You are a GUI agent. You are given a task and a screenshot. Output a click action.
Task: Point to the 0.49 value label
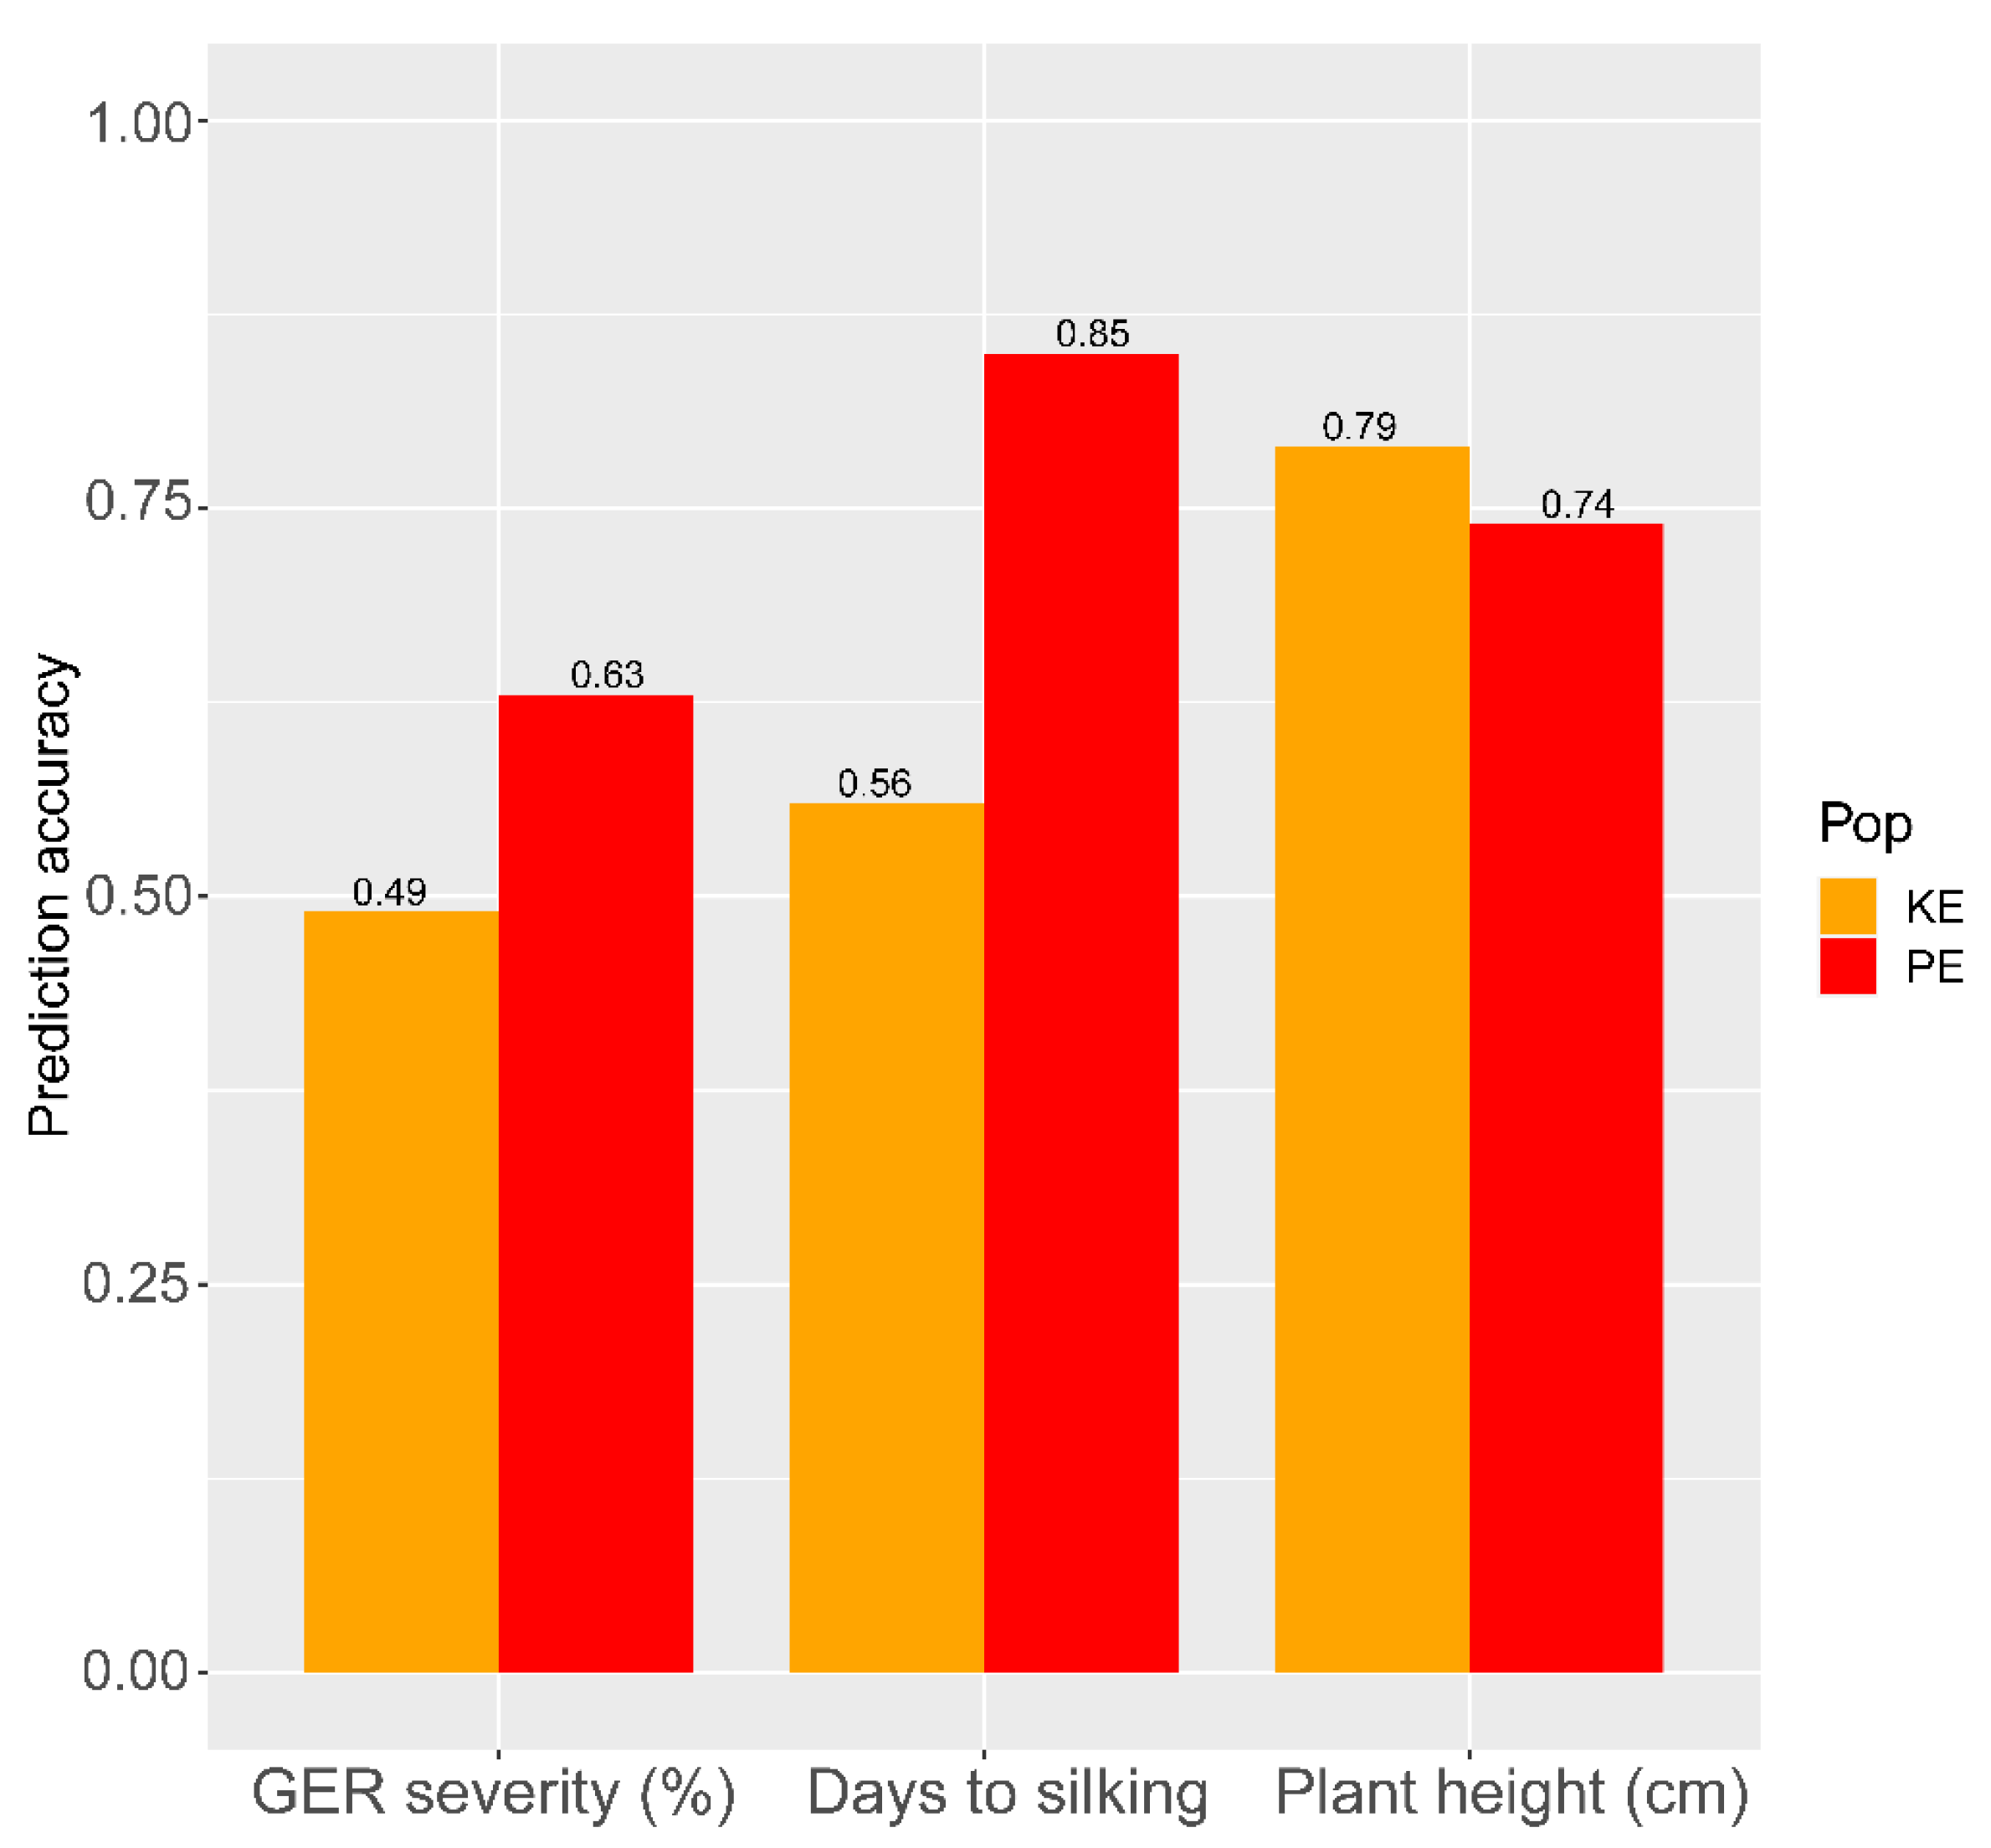tap(389, 891)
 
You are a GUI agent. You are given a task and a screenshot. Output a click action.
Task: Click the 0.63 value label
tap(607, 674)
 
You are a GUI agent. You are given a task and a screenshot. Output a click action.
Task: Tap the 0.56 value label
tap(874, 783)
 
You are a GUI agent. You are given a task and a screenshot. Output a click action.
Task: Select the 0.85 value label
tap(1092, 333)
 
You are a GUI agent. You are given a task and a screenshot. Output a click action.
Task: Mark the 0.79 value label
tap(1359, 426)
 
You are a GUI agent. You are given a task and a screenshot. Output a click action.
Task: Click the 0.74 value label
tap(1577, 504)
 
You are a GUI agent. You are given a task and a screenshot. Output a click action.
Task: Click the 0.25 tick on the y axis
tap(136, 1283)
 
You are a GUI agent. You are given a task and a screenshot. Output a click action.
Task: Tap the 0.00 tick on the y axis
tap(136, 1671)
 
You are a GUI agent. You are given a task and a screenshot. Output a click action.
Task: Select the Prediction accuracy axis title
tap(50, 895)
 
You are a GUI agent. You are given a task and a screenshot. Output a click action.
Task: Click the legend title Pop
tap(1864, 824)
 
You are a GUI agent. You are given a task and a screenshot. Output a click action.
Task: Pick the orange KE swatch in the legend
tap(1847, 906)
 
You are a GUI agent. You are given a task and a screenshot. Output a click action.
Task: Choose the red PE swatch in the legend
tap(1847, 966)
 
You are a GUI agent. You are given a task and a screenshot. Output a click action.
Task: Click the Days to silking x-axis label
tap(1006, 1793)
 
